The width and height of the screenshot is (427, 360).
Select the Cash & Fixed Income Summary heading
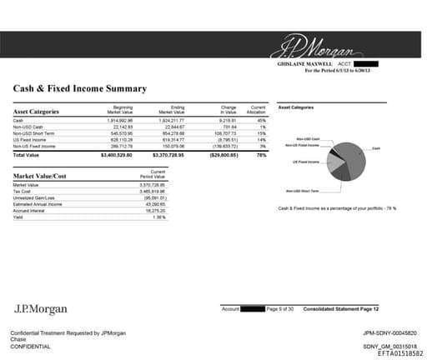click(81, 87)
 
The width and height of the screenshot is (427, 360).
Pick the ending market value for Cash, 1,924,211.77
click(170, 121)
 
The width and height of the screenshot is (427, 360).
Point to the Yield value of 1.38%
click(171, 217)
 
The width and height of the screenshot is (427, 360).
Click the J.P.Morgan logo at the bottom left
click(40, 309)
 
